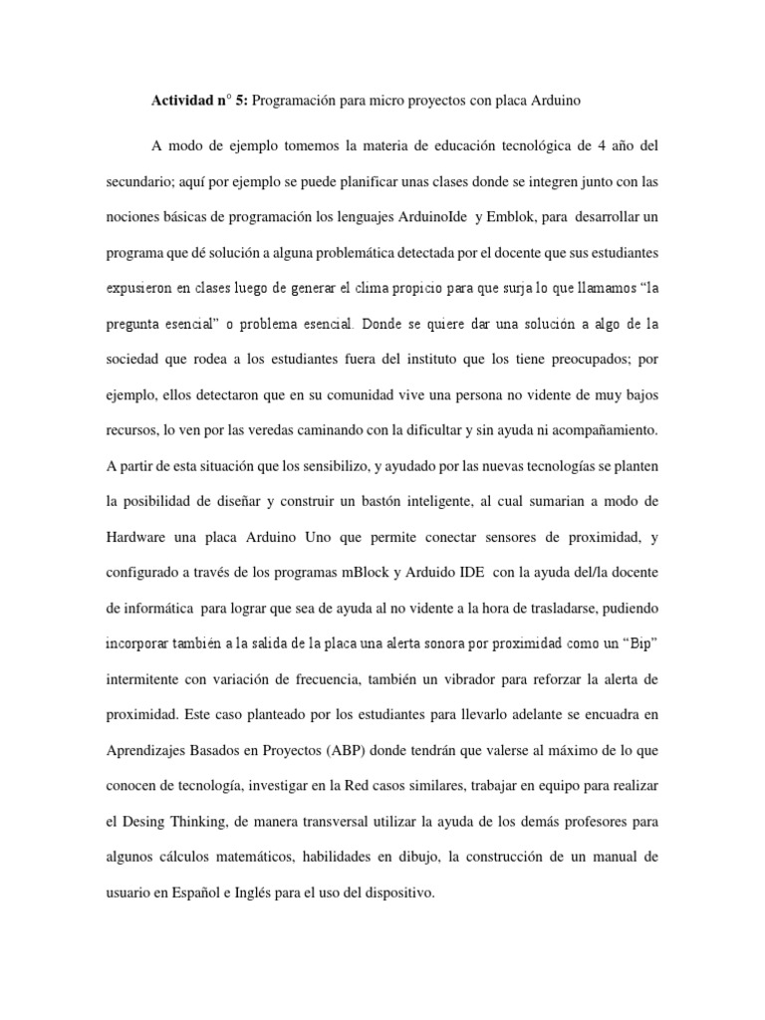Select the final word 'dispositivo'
(398, 893)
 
